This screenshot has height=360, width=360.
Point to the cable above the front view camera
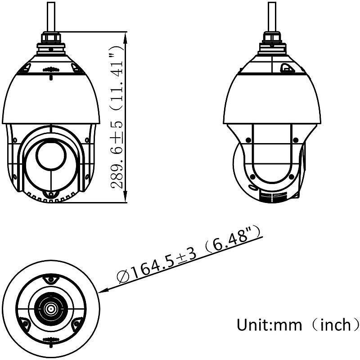tap(51, 16)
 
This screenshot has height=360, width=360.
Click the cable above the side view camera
tap(271, 16)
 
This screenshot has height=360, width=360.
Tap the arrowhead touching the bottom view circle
tap(103, 291)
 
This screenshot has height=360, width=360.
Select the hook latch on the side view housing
tap(285, 68)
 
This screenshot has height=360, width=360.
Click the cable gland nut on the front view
tap(51, 36)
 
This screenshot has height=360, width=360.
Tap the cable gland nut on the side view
tap(271, 36)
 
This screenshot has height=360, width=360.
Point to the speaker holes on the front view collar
tap(50, 70)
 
